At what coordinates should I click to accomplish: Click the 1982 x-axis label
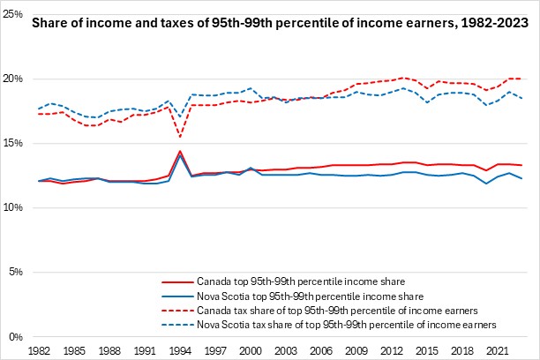pyautogui.click(x=40, y=350)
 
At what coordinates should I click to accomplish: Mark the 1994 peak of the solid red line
pyautogui.click(x=180, y=151)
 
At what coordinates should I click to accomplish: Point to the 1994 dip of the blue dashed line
pyautogui.click(x=180, y=116)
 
